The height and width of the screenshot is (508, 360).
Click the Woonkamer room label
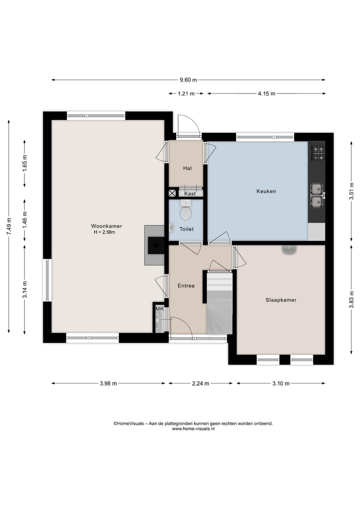tap(106, 226)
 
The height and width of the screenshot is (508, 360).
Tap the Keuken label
tap(266, 191)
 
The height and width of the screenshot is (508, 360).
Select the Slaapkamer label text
tap(281, 300)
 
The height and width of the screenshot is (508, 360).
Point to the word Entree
tap(186, 286)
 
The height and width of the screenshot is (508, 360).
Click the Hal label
tap(187, 168)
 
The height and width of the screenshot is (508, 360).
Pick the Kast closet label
tap(190, 194)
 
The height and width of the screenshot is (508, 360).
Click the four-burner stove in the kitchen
tap(318, 153)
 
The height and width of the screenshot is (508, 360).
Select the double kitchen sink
tap(317, 195)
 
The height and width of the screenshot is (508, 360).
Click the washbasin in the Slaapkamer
tap(289, 250)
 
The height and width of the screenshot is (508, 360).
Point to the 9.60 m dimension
tap(188, 80)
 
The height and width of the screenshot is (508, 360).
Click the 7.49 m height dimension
tap(9, 226)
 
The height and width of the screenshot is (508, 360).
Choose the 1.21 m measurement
tap(186, 93)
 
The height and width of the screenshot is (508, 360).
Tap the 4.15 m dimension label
tap(266, 93)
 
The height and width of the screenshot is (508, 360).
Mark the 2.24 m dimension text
tap(200, 384)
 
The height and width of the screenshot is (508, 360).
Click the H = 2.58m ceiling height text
tap(104, 232)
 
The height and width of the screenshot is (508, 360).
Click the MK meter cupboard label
tap(159, 309)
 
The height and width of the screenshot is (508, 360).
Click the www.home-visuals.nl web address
tap(193, 429)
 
